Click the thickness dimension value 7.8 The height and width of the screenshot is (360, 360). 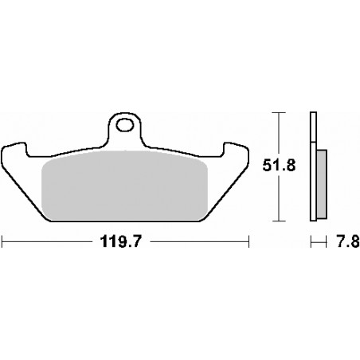[342, 239]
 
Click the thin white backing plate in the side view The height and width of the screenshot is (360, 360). [312, 167]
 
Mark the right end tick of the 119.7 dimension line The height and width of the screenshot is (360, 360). [250, 239]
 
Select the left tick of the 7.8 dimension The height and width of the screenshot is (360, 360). [311, 239]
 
